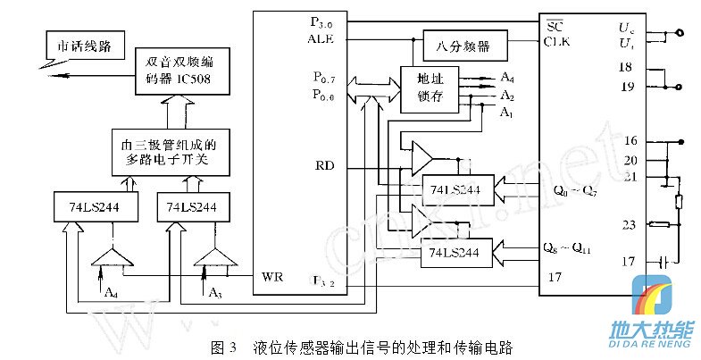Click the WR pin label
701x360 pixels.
click(271, 276)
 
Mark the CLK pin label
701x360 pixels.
click(557, 40)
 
